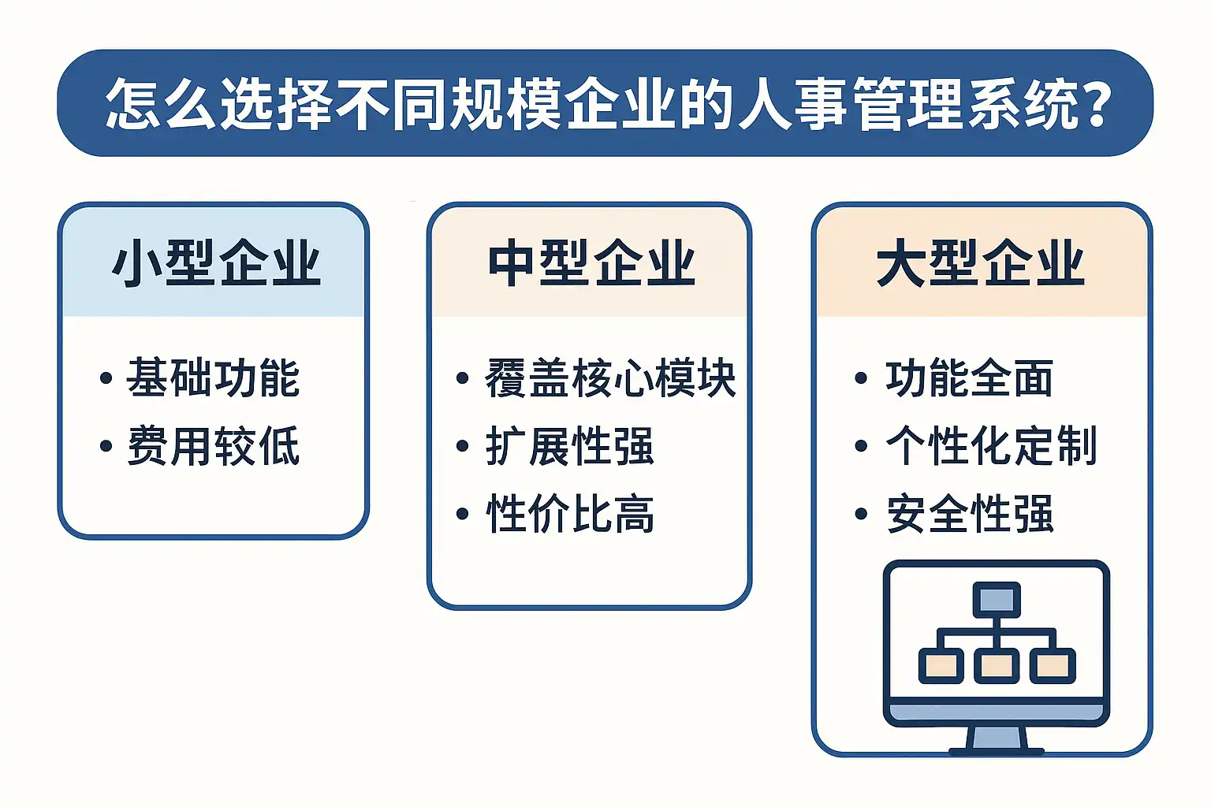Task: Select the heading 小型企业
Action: (x=216, y=263)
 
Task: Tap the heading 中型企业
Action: (x=591, y=263)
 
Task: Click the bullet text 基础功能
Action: (x=213, y=377)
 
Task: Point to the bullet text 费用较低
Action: (x=213, y=446)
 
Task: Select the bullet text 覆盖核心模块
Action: (x=610, y=377)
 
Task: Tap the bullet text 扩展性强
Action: (x=570, y=446)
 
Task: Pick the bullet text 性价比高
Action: (x=570, y=514)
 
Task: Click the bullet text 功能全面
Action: (x=969, y=377)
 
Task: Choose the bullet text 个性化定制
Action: (x=991, y=446)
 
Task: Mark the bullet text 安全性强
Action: (x=970, y=514)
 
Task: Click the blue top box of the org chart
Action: (x=997, y=600)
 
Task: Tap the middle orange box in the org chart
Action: (x=997, y=666)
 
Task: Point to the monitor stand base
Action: (x=997, y=751)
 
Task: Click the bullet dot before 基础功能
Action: (x=106, y=377)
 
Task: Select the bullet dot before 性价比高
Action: (x=462, y=514)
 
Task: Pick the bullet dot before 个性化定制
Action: (x=861, y=446)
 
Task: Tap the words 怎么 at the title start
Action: (x=160, y=103)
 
